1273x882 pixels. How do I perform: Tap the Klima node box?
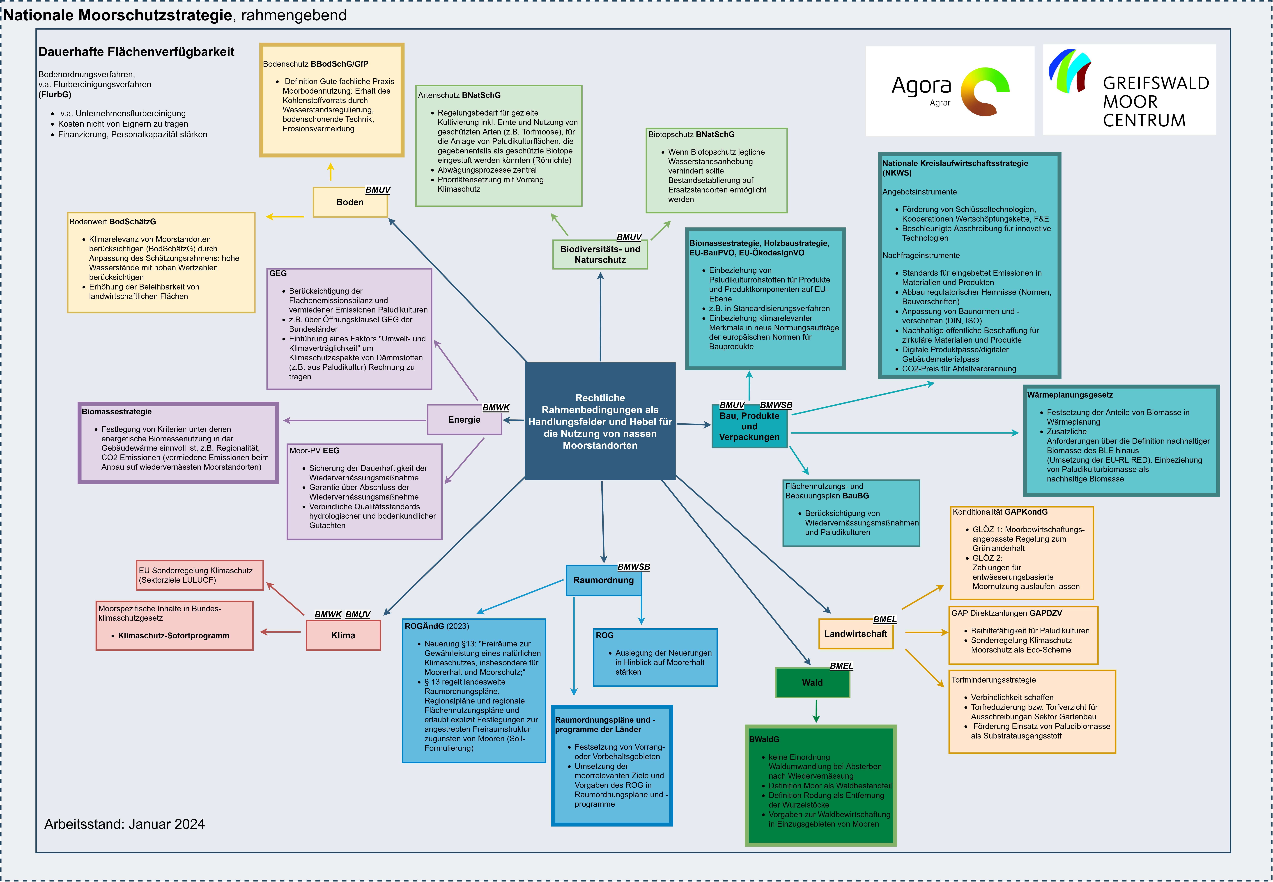point(343,635)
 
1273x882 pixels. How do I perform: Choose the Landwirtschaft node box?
point(855,634)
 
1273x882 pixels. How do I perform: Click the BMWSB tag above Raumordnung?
point(633,567)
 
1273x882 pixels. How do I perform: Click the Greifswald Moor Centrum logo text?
point(1155,102)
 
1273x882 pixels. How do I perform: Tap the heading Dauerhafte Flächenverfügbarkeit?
point(136,52)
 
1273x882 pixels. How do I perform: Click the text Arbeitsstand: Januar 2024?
point(124,824)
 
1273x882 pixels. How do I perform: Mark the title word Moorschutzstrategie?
point(155,15)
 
